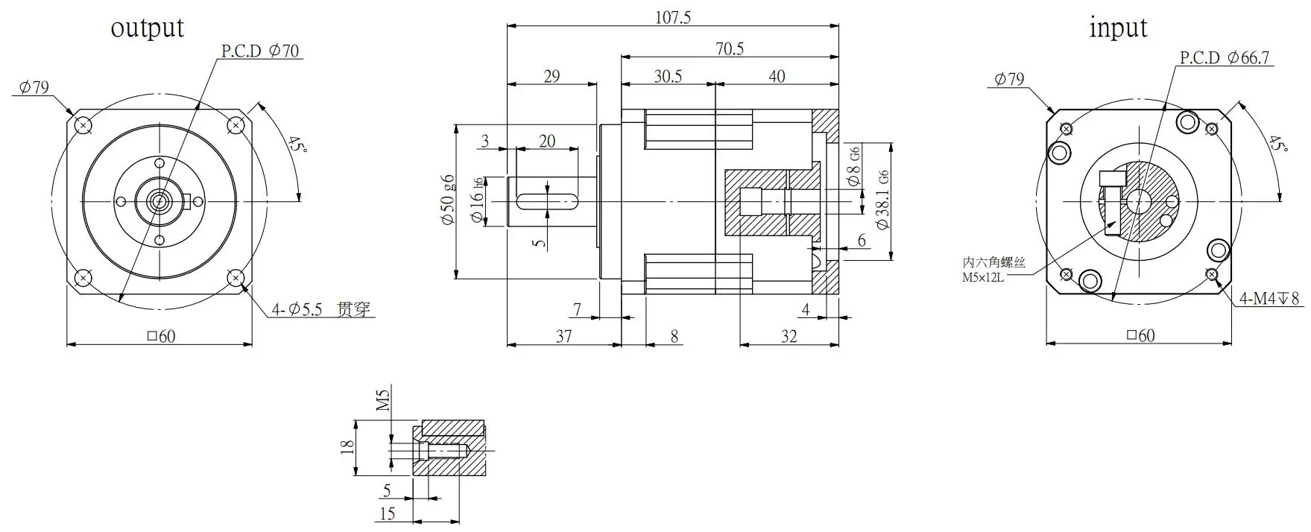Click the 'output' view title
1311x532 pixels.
[147, 28]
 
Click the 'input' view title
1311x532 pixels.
[1118, 28]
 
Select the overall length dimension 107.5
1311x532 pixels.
[672, 16]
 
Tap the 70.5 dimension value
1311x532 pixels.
[730, 48]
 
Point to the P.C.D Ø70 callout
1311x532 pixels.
[260, 51]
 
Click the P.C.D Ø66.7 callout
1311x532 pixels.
[1224, 58]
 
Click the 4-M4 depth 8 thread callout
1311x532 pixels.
[1269, 299]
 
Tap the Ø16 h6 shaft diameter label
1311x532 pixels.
[477, 200]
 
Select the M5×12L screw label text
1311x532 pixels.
[984, 278]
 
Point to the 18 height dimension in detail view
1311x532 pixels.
[347, 448]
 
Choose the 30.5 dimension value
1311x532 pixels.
[668, 76]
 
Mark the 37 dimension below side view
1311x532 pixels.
[563, 336]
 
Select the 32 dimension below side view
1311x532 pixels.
[789, 336]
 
